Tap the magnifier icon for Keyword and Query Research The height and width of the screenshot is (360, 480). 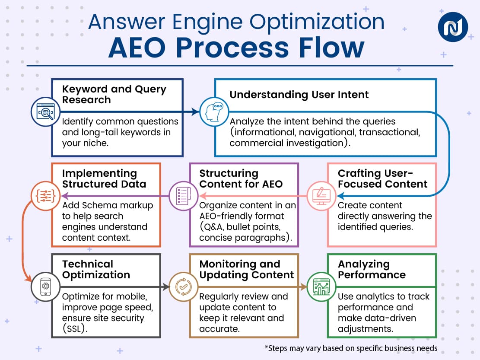45,112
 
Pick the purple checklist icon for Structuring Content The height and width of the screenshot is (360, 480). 181,195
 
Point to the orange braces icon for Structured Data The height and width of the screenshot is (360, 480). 45,195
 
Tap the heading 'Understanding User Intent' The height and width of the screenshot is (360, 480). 299,95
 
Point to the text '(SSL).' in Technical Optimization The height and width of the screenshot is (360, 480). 76,329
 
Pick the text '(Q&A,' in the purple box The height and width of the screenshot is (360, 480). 213,227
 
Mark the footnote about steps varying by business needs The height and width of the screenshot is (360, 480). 350,348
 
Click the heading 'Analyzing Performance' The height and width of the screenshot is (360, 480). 372,269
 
